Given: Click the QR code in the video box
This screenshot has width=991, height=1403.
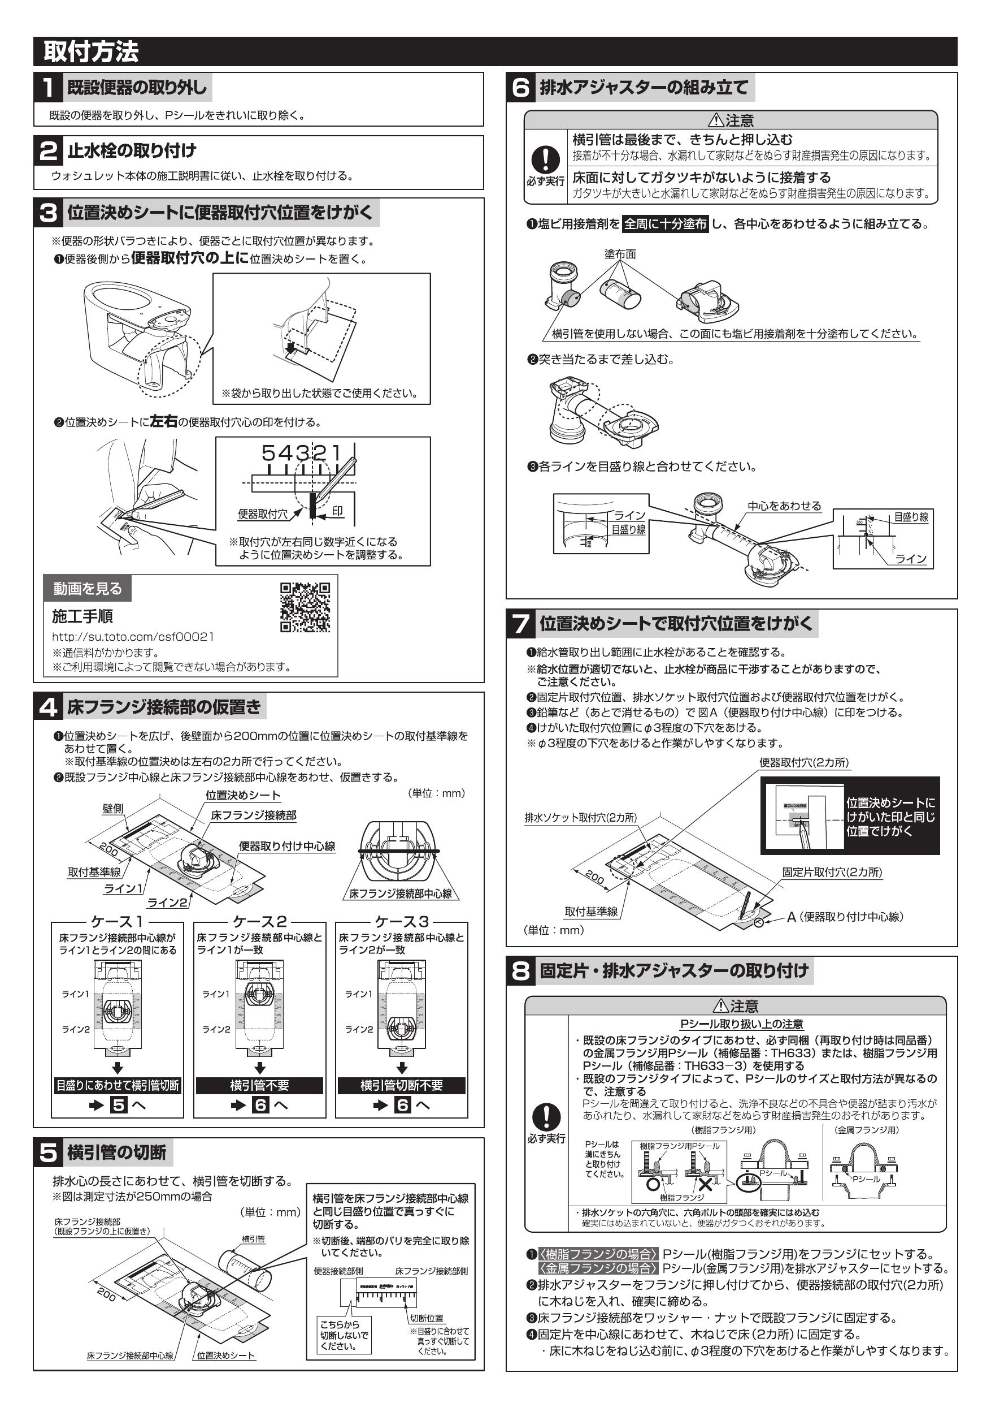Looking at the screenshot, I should [x=305, y=607].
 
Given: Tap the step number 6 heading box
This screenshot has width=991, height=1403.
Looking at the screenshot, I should [x=520, y=88].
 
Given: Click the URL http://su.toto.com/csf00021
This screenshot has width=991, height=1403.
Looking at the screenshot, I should [x=133, y=637].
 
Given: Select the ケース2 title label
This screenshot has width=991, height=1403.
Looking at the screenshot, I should [x=259, y=922].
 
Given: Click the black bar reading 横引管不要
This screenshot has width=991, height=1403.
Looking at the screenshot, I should [x=259, y=1086].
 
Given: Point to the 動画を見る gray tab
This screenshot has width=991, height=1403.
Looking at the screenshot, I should [x=88, y=589].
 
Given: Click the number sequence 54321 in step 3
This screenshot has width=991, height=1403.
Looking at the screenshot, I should [x=303, y=453].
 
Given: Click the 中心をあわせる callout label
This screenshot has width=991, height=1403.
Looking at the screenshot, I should [x=784, y=506].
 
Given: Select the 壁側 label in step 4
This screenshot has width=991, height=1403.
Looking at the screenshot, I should [x=112, y=809].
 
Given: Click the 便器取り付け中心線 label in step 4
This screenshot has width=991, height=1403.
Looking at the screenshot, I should [x=287, y=847].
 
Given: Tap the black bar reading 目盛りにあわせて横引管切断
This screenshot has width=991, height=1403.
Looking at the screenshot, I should [x=118, y=1086].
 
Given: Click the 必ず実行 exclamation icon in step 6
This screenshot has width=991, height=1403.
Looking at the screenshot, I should [x=545, y=159].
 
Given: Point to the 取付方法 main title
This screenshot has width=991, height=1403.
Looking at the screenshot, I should [x=91, y=52].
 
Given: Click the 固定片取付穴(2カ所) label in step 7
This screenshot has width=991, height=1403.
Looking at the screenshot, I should [x=832, y=873].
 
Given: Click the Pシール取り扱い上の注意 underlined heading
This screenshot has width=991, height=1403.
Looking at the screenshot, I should [x=741, y=1024].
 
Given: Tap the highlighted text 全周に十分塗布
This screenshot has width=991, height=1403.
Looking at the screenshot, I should [x=665, y=225].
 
